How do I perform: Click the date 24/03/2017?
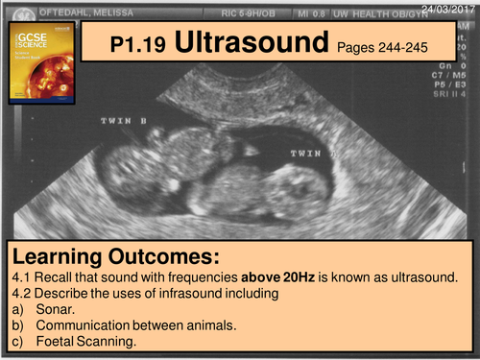pos(452,7)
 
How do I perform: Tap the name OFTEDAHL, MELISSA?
pos(73,11)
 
